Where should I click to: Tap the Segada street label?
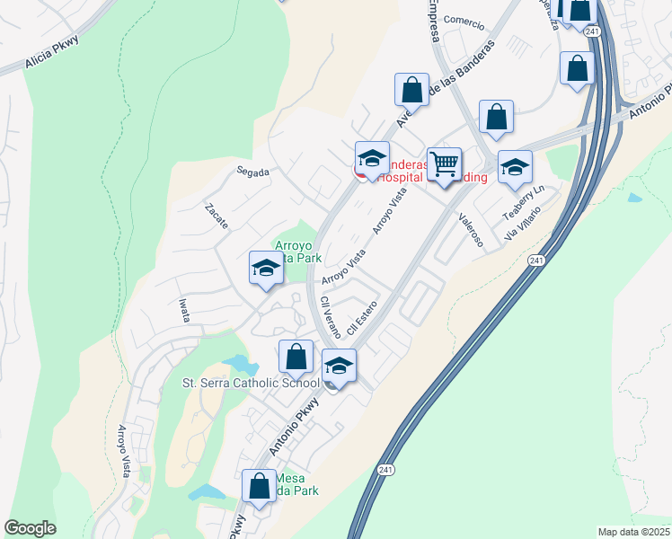tap(252, 172)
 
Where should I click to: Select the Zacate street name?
tap(217, 216)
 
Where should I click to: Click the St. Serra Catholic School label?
tap(251, 383)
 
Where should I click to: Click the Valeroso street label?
tap(471, 229)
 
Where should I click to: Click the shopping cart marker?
tap(444, 165)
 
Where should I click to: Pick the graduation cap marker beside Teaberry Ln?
tap(515, 168)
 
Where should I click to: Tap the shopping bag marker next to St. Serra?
tap(296, 358)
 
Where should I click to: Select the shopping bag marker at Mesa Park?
tap(259, 488)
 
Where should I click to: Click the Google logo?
tap(30, 528)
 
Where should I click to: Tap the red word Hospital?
tap(401, 178)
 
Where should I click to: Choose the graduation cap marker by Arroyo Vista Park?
tap(266, 269)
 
